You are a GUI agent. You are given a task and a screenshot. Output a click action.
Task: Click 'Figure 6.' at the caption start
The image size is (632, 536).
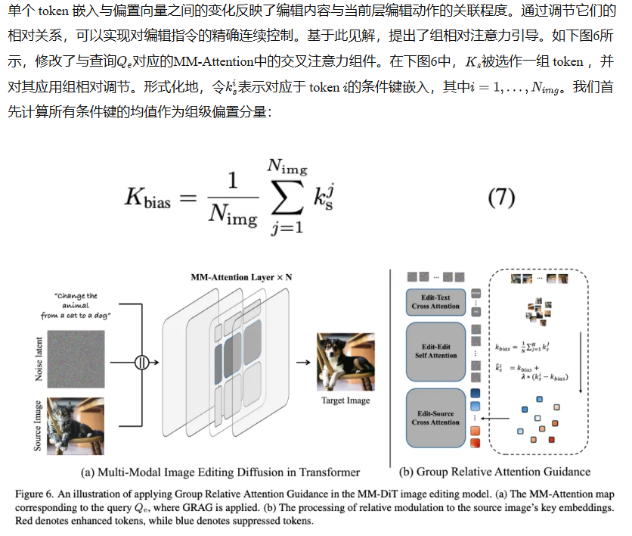36,493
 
